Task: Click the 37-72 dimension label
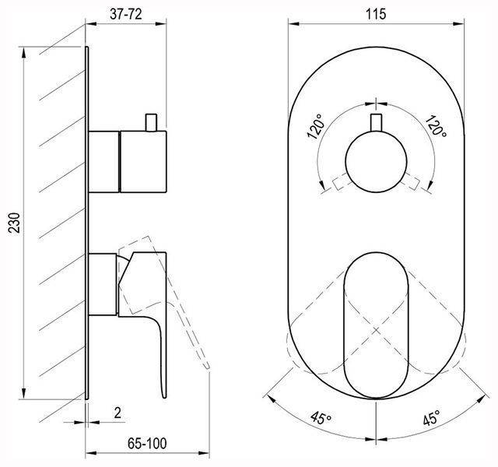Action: (x=126, y=14)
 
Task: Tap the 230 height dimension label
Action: (x=14, y=223)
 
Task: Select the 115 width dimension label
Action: (x=376, y=14)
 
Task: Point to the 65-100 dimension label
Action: (x=147, y=444)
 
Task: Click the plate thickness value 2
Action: (x=117, y=413)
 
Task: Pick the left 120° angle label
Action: (x=315, y=127)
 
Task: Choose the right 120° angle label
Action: (x=436, y=126)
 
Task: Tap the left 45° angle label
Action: (x=321, y=418)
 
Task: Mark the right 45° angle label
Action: (x=432, y=417)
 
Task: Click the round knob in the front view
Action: (x=376, y=162)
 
